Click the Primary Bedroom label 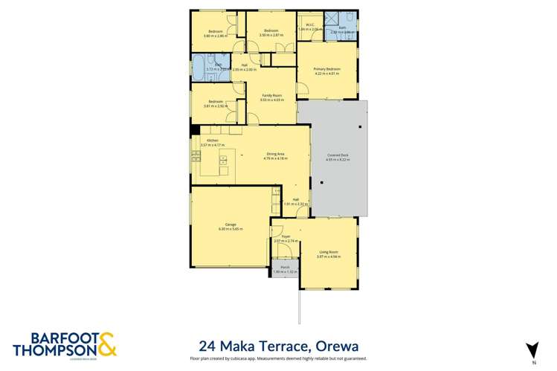(x=326, y=68)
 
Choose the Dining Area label (x=275, y=154)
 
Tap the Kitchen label (x=213, y=140)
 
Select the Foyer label (x=285, y=237)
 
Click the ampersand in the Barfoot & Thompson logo (x=106, y=346)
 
